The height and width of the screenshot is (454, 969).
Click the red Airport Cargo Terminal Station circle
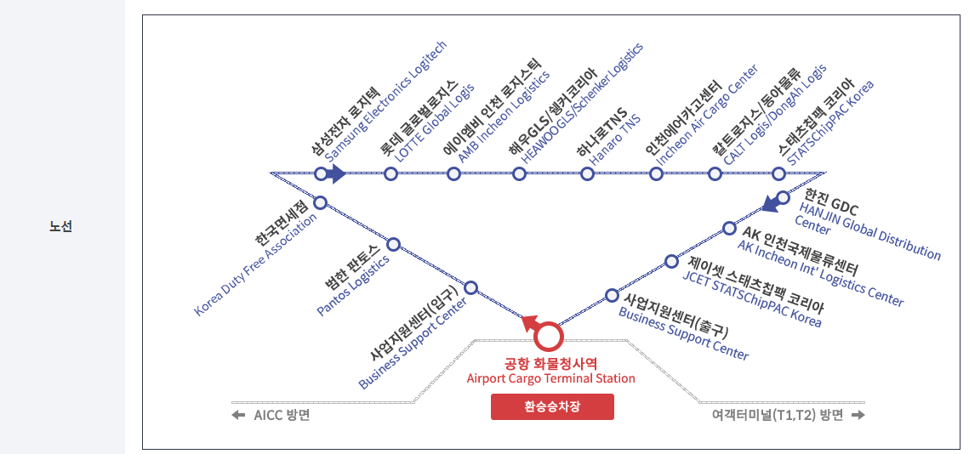tap(549, 337)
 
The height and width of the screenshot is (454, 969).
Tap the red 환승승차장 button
tap(552, 406)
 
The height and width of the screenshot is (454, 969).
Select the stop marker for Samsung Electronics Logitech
tap(321, 174)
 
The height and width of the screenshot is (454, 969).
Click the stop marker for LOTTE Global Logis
tap(391, 174)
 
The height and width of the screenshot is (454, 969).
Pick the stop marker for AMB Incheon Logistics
tap(454, 174)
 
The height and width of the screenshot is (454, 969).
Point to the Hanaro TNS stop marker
tap(587, 174)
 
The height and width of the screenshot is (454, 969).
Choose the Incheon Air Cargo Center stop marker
tap(656, 174)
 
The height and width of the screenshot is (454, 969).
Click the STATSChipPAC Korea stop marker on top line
tap(778, 174)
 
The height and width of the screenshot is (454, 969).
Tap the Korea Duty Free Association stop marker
tap(321, 202)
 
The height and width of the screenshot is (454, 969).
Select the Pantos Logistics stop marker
tap(394, 244)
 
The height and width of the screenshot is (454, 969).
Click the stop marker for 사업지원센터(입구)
tap(470, 287)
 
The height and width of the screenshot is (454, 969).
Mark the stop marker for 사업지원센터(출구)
tap(612, 295)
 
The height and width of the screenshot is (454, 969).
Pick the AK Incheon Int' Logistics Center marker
tap(729, 228)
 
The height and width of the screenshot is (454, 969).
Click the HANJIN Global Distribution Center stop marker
tap(784, 197)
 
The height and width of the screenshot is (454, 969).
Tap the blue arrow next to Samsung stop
tap(337, 174)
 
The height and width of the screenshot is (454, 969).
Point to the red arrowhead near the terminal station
tap(529, 321)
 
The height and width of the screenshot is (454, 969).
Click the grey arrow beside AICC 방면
tap(239, 416)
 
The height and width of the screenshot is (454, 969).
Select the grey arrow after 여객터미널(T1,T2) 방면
tap(858, 416)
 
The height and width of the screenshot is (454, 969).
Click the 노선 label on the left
tap(60, 227)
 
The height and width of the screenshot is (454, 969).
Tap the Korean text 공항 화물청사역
tap(551, 362)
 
